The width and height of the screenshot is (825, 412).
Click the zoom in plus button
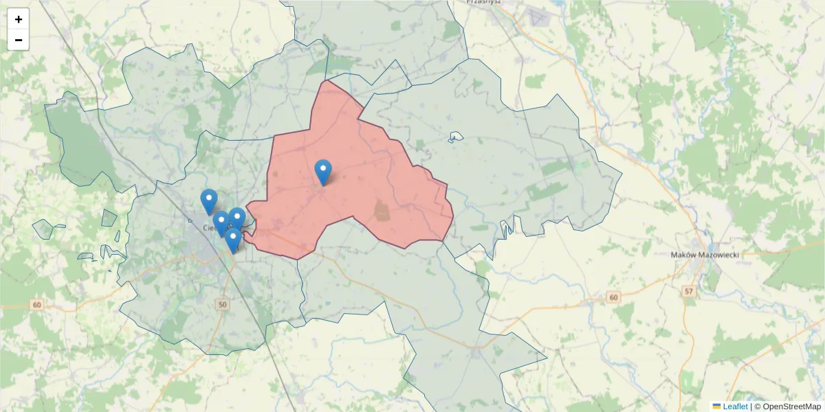19,19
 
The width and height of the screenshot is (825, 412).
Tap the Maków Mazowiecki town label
704,255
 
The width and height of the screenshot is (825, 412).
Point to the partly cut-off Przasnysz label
484,2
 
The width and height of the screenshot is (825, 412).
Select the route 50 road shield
221,304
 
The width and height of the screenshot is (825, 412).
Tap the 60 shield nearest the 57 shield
613,297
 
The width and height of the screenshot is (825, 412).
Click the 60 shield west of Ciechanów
37,304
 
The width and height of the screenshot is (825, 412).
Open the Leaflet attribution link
735,407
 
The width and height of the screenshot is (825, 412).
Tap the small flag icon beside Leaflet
716,407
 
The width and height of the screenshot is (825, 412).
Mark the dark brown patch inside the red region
382,210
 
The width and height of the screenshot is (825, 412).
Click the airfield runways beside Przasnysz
537,17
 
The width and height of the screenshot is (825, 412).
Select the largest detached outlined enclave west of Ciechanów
43,229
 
